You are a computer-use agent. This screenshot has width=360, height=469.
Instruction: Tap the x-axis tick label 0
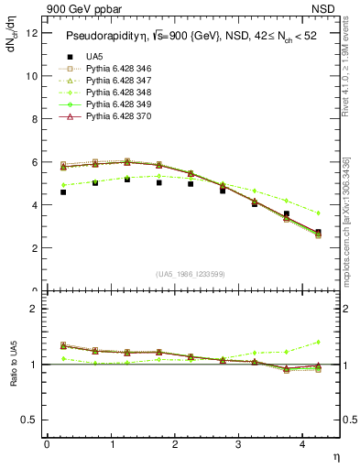click(47, 444)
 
